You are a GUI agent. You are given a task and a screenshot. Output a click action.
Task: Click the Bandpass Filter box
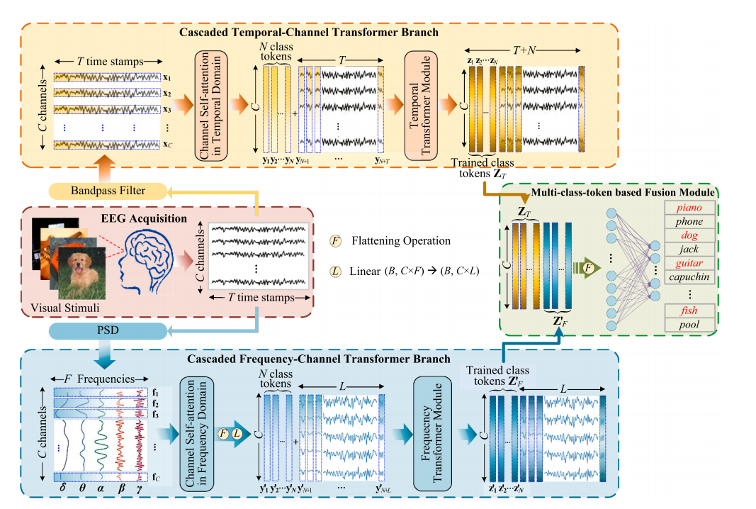tap(108, 190)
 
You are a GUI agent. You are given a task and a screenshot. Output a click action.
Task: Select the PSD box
tap(108, 330)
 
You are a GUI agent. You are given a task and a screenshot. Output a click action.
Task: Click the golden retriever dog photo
tap(79, 272)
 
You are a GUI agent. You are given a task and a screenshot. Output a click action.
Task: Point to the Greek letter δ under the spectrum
tap(64, 488)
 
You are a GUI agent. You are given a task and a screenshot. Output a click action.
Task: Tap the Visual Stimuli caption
tap(65, 308)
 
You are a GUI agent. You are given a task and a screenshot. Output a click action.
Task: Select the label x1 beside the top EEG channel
tap(167, 77)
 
